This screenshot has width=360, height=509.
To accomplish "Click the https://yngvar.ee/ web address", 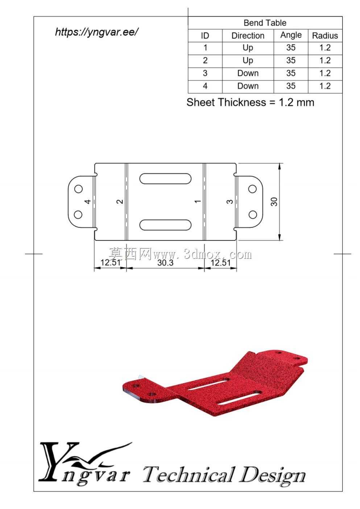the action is coord(96,32).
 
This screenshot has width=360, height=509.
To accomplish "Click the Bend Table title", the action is coord(265,23).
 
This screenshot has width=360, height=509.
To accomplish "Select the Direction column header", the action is coord(248,36).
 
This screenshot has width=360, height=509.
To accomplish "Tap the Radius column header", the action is coord(325,36).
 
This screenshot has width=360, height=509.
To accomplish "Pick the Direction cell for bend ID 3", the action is coord(248,73).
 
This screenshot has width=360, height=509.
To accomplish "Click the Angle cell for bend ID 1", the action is coord(291,48).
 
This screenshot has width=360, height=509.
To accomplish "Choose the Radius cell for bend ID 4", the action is coord(325,86).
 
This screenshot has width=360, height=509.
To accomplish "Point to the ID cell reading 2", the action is coord(205,61).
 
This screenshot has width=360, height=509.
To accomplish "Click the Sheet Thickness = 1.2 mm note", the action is coord(250,102).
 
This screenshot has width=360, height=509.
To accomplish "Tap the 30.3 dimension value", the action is coord(165,263).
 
